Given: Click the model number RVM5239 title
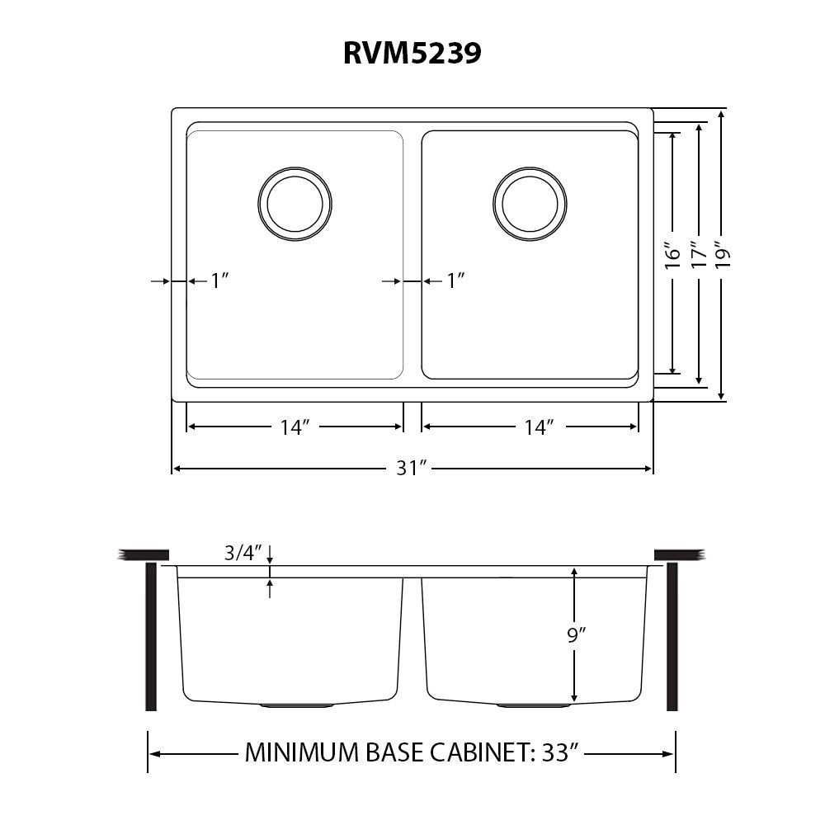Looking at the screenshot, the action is (412, 53).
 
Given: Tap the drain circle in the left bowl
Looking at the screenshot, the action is (295, 167).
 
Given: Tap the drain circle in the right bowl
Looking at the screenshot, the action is (530, 167).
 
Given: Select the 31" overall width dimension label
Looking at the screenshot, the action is (410, 468).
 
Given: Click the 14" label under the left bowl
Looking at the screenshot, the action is (293, 427).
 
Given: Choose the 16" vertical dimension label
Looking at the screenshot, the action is (673, 256).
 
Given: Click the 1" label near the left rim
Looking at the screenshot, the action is (220, 281).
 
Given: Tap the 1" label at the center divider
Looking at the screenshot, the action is (455, 281).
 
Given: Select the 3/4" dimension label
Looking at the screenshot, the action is (243, 553).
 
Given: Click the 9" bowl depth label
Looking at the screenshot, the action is (577, 635).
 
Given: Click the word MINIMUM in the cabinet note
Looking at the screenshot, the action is (301, 753).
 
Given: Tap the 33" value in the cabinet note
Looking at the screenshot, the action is (558, 752).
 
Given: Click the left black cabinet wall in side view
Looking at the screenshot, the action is (151, 637).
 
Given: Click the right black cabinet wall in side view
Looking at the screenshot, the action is (672, 637).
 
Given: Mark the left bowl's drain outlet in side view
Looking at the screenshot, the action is (297, 705).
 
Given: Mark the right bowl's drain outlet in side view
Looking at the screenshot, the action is (534, 705).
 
